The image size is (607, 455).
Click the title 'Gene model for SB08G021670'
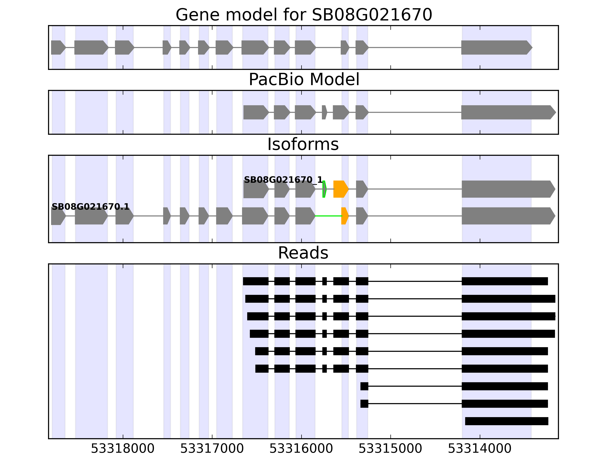(303, 15)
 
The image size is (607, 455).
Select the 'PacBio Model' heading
(303, 80)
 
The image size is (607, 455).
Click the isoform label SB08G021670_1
(283, 180)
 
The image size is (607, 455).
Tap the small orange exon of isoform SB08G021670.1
(345, 216)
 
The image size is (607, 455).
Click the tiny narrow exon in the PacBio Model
(324, 112)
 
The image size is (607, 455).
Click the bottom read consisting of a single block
(507, 421)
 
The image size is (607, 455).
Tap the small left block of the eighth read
(364, 404)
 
